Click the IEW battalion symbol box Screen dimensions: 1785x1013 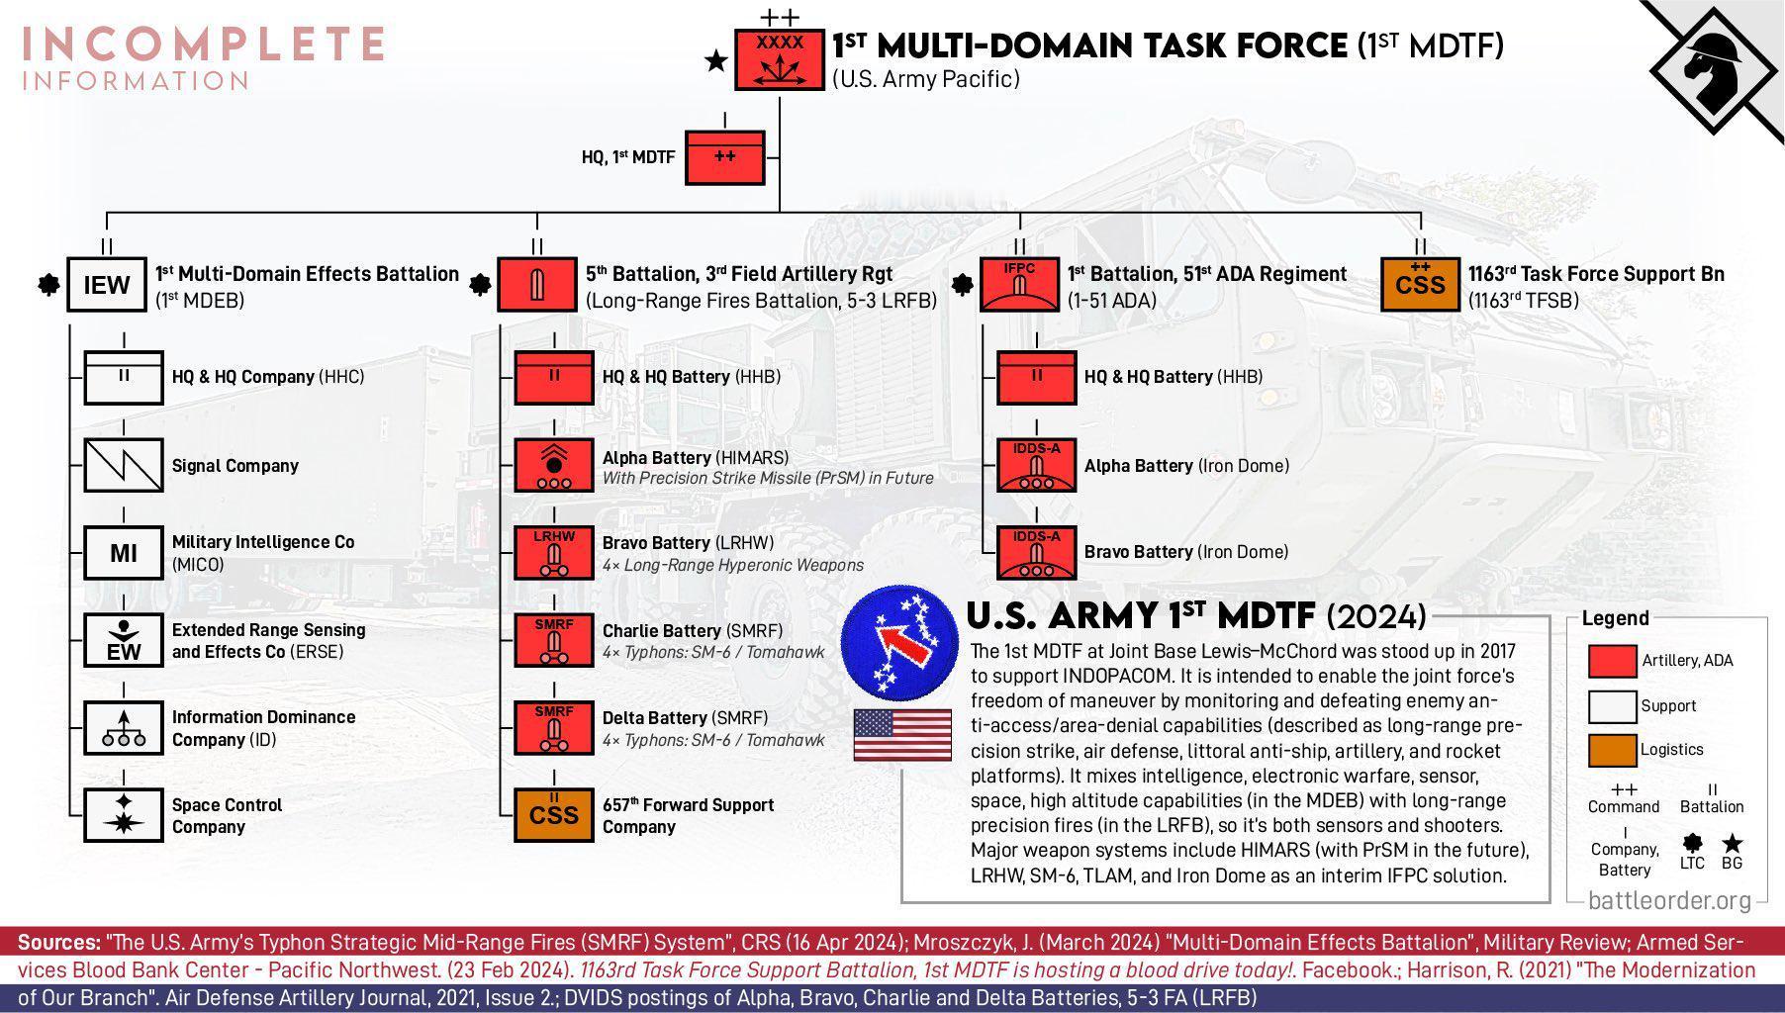pos(107,285)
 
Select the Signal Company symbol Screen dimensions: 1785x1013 pos(124,465)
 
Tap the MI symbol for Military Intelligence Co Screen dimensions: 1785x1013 pos(124,553)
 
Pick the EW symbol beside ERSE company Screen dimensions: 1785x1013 pos(124,641)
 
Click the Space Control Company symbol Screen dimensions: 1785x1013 pos(124,815)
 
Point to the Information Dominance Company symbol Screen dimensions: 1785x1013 pos(124,728)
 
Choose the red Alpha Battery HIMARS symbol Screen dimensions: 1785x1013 pos(554,465)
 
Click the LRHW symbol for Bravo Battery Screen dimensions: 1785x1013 pos(554,553)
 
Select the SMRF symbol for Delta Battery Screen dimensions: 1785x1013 pos(554,728)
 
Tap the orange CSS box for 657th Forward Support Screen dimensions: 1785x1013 pos(554,815)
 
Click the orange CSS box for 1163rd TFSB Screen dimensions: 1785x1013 pos(1420,285)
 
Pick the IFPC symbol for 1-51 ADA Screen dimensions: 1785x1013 pos(1019,285)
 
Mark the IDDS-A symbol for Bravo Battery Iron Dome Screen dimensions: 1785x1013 pos(1036,553)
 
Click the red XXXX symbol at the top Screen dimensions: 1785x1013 pos(780,60)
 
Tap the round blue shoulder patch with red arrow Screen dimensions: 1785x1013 pos(901,639)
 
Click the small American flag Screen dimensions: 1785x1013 pos(902,735)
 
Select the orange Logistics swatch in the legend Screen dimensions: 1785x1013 pos(1612,750)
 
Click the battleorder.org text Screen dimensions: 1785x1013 pos(1669,901)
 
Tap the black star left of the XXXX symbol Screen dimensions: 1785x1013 pos(715,61)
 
